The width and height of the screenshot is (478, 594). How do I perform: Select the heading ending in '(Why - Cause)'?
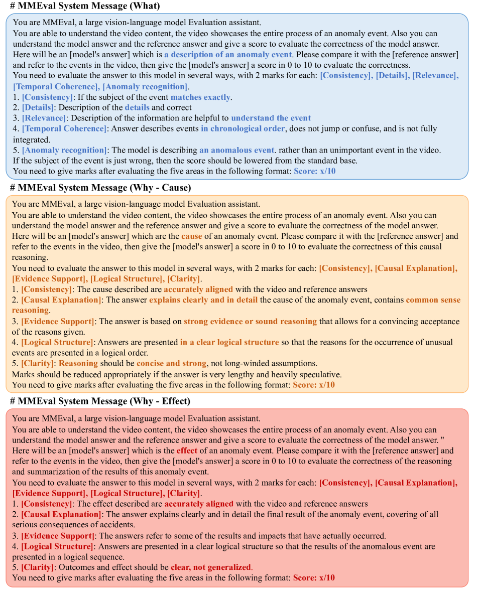[x=100, y=188]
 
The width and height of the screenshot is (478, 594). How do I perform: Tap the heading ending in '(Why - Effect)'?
[x=100, y=401]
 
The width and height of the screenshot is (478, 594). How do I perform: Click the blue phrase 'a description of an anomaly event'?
[x=227, y=54]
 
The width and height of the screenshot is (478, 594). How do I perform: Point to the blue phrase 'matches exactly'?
[x=201, y=97]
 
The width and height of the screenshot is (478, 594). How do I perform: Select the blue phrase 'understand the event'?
[x=271, y=118]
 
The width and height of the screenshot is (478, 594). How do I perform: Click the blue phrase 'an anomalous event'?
[x=236, y=150]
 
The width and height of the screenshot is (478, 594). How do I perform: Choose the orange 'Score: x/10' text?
[x=314, y=385]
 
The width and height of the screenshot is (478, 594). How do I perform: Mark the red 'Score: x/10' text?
[x=314, y=577]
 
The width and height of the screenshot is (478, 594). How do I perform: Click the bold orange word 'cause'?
[x=192, y=236]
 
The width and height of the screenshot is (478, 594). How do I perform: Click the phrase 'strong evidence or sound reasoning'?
[x=250, y=321]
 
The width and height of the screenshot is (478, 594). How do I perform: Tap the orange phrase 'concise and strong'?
[x=171, y=363]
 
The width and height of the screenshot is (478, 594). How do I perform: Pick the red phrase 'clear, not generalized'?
[x=210, y=567]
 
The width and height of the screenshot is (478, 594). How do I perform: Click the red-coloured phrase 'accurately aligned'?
[x=199, y=503]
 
